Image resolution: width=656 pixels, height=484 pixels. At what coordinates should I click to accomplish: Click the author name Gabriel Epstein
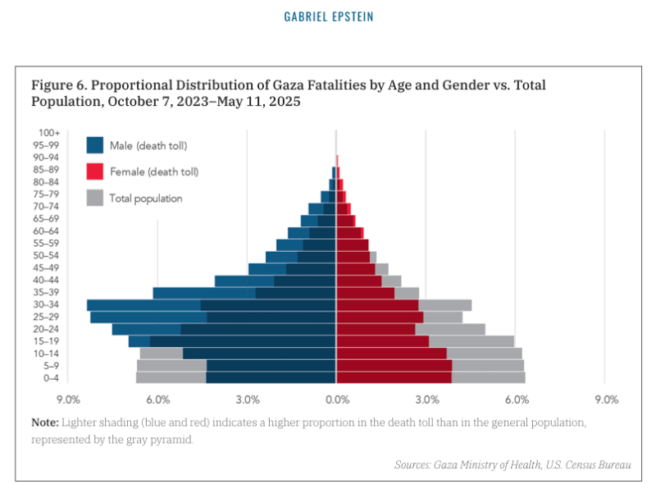(327, 16)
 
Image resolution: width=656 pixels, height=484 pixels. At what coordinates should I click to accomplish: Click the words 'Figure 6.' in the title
(57, 85)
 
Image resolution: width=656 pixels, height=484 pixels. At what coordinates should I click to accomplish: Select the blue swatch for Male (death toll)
(96, 145)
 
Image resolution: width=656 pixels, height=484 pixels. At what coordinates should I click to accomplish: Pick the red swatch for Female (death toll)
(96, 171)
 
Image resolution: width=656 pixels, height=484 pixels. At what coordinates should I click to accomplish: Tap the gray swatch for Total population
(96, 198)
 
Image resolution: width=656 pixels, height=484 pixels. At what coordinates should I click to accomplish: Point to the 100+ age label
(49, 133)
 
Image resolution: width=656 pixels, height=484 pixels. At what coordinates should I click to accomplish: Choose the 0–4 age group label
(51, 378)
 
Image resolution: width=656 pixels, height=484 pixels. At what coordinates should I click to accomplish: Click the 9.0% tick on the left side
(68, 400)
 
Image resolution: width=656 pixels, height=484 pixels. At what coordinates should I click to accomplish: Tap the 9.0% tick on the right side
(606, 400)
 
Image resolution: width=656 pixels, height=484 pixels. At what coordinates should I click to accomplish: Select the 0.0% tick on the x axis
(337, 400)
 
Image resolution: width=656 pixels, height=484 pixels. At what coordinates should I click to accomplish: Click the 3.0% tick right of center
(427, 400)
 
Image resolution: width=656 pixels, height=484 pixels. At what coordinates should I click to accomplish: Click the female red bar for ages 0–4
(394, 378)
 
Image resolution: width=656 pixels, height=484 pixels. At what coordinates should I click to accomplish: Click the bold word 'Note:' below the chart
(45, 422)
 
